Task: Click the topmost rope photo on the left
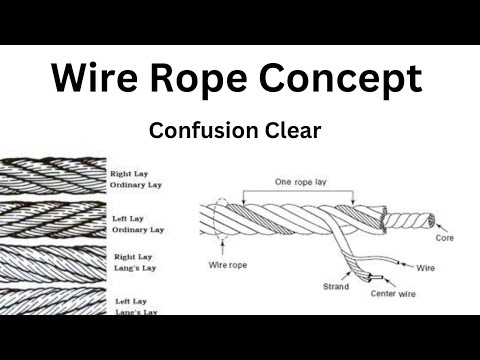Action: [52, 176]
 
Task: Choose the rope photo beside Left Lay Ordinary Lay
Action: [52, 220]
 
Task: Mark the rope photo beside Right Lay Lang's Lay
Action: [52, 262]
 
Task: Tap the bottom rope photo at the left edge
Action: [52, 301]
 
